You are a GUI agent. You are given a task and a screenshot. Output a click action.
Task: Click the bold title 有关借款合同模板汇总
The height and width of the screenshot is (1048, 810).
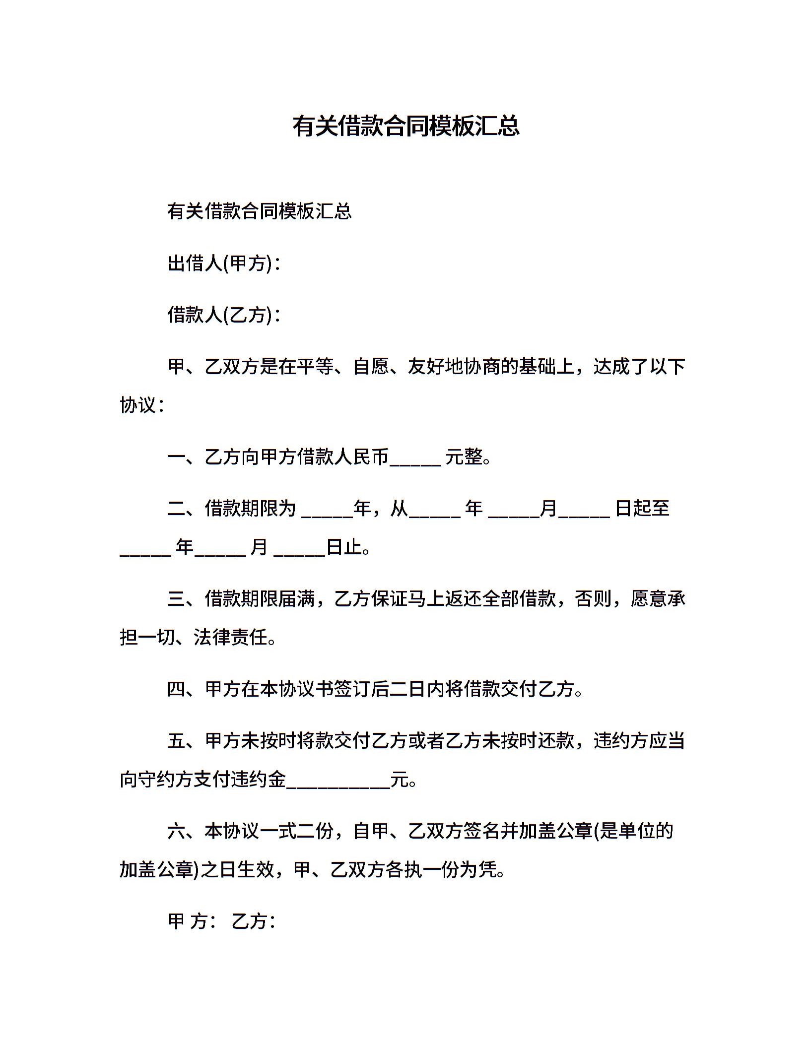(x=405, y=126)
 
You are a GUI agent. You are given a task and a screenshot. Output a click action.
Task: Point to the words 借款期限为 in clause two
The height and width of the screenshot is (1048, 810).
(x=250, y=508)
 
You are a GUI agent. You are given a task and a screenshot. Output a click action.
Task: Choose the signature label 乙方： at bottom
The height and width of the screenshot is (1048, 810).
(x=254, y=921)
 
